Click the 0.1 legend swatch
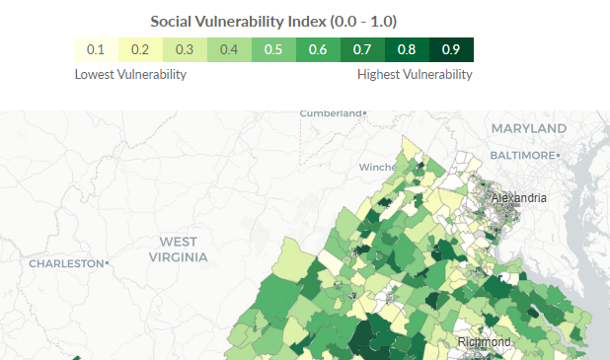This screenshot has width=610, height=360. [97, 50]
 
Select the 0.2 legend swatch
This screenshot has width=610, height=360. [141, 50]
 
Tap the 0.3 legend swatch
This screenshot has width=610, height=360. [186, 50]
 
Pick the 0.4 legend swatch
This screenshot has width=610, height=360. [230, 50]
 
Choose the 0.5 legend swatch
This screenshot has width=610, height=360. [274, 50]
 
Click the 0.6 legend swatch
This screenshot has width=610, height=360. [319, 50]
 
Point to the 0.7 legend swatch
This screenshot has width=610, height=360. [363, 50]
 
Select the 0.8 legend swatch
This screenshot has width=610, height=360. [408, 50]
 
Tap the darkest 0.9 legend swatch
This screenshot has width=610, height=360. [452, 50]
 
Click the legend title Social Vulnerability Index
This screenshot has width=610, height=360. [273, 21]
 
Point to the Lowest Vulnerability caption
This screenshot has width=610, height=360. [130, 74]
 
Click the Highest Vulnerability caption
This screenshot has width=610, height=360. [415, 74]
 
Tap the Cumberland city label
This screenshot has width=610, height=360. [332, 113]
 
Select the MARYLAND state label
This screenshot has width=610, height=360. [529, 129]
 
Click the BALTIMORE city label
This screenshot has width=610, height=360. [524, 156]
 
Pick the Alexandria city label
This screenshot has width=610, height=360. [518, 198]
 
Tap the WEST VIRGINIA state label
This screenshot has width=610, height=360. [178, 250]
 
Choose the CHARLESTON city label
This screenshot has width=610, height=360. [66, 263]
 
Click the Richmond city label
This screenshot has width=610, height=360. [484, 342]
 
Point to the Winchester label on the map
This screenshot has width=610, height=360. [377, 167]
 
